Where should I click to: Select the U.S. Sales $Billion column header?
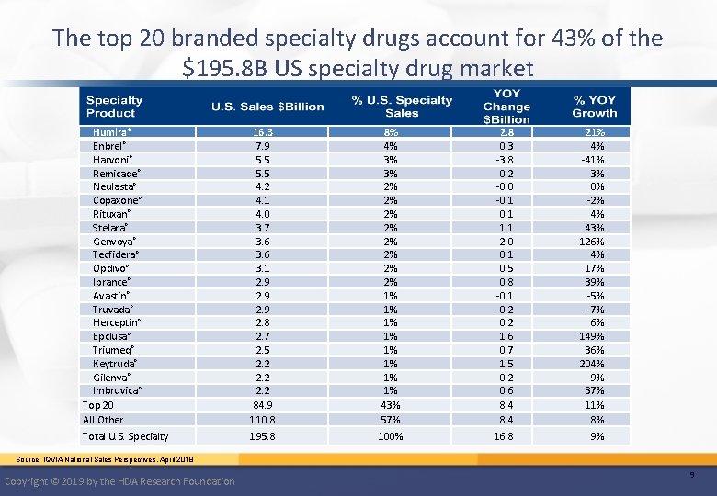tap(267, 107)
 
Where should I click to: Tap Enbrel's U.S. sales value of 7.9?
tap(261, 146)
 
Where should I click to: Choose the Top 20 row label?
tap(98, 405)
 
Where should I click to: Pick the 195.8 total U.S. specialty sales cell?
tap(261, 436)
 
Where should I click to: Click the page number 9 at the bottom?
tap(691, 474)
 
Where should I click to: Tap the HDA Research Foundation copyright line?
tap(119, 481)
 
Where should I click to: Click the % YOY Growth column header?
tap(594, 107)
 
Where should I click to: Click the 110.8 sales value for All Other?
tap(261, 420)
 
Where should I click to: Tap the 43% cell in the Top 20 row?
tap(391, 405)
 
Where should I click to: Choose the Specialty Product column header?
tap(114, 107)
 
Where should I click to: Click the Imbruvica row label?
tap(117, 390)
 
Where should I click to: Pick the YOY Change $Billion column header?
tap(506, 107)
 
